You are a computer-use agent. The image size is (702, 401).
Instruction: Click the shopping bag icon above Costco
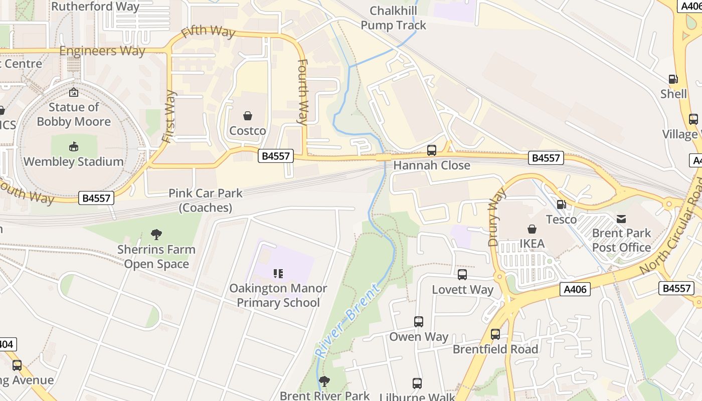[248, 116]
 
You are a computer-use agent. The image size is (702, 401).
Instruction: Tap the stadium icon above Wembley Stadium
[74, 146]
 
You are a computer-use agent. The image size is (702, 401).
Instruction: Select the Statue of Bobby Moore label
[74, 114]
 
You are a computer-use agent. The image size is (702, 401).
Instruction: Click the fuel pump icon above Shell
[673, 79]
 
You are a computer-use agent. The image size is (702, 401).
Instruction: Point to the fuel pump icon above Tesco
[561, 204]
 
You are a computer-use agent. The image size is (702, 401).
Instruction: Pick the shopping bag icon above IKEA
[532, 229]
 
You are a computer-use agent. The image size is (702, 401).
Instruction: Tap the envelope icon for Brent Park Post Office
[621, 219]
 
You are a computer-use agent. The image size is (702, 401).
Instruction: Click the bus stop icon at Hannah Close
[431, 150]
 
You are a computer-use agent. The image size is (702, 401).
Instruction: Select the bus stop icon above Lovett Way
[462, 275]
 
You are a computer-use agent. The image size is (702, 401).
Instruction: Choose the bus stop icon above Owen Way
[419, 322]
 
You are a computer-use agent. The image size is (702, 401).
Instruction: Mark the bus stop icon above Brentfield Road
[495, 334]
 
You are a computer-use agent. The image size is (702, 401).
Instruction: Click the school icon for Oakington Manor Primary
[278, 274]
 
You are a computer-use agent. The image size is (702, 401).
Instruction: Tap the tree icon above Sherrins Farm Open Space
[156, 234]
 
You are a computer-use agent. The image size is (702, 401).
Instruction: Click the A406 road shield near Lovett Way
[575, 289]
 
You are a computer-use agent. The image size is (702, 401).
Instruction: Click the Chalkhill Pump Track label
[393, 18]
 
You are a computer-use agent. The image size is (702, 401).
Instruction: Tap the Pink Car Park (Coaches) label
[206, 200]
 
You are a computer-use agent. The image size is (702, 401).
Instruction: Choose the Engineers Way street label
[102, 51]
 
